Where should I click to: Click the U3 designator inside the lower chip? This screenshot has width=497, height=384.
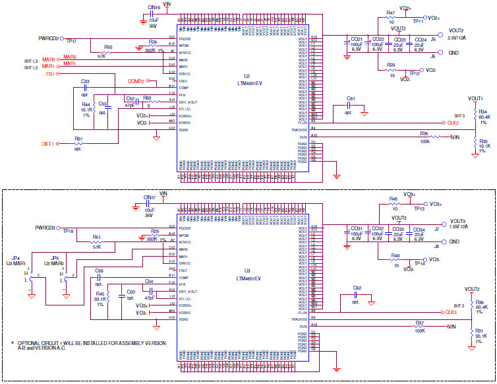[x=247, y=271]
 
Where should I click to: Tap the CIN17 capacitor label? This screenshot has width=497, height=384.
[x=149, y=197]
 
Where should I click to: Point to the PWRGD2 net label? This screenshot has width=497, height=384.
[x=49, y=38]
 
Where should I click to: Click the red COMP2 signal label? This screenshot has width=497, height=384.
[x=136, y=80]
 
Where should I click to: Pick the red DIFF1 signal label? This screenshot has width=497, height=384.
[x=48, y=143]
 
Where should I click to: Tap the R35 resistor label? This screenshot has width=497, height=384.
[x=425, y=133]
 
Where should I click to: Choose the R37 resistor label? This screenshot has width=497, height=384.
[x=420, y=323]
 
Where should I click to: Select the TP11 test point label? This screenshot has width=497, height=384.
[x=418, y=22]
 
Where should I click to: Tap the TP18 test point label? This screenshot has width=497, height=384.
[x=67, y=232]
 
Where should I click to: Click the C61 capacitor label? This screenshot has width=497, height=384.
[x=351, y=98]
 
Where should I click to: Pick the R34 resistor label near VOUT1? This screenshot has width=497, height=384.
[x=482, y=112]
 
